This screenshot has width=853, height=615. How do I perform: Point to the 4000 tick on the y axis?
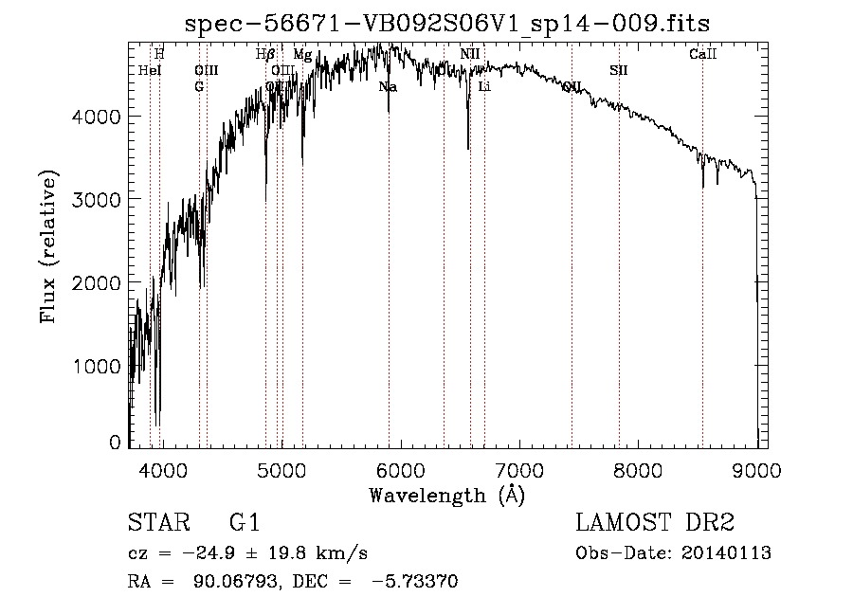(99, 117)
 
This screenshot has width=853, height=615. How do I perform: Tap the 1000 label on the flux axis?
(99, 367)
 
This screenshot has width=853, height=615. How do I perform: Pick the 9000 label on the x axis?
(756, 469)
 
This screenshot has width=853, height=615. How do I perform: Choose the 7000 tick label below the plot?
(518, 469)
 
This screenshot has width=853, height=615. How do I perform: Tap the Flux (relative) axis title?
(48, 245)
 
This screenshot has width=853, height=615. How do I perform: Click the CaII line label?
(702, 55)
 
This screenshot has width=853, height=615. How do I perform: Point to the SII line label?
(618, 70)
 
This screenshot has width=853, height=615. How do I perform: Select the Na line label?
(387, 87)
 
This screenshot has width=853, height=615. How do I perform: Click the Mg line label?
(301, 55)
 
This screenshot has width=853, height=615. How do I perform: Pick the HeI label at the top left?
(150, 70)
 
